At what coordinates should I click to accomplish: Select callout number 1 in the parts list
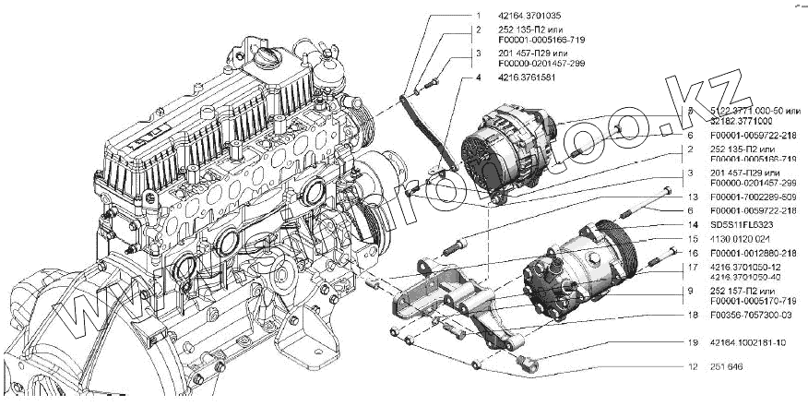[479, 16]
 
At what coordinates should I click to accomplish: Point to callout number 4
[479, 78]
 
